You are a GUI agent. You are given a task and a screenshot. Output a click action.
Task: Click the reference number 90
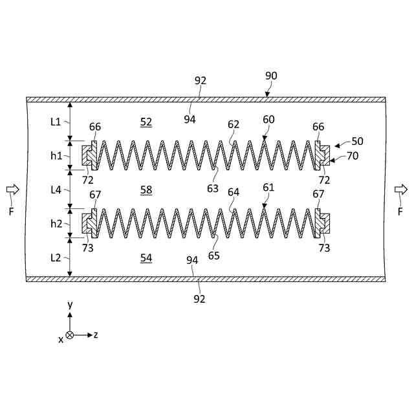(271, 76)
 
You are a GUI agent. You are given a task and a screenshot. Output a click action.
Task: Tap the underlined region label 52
(146, 122)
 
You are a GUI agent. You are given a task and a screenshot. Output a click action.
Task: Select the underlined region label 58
(146, 190)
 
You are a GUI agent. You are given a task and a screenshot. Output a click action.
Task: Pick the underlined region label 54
(146, 258)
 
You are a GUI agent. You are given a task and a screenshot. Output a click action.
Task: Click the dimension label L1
(55, 122)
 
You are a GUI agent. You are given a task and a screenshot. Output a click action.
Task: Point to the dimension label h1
(55, 155)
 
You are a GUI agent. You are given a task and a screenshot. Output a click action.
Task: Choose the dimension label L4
(55, 190)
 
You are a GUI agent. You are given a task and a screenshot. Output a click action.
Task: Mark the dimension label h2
(55, 223)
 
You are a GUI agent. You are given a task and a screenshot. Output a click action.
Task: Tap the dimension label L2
(55, 257)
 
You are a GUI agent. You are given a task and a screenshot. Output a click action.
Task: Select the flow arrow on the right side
(401, 189)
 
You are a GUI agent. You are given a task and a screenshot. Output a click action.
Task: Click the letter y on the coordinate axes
(69, 304)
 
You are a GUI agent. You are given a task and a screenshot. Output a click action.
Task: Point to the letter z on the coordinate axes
(95, 335)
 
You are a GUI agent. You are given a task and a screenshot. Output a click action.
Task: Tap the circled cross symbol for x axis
(70, 335)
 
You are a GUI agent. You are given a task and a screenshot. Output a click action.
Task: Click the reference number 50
(357, 140)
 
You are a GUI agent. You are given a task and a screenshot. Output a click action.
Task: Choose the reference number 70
(352, 155)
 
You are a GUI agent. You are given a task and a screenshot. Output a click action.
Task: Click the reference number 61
(268, 188)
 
